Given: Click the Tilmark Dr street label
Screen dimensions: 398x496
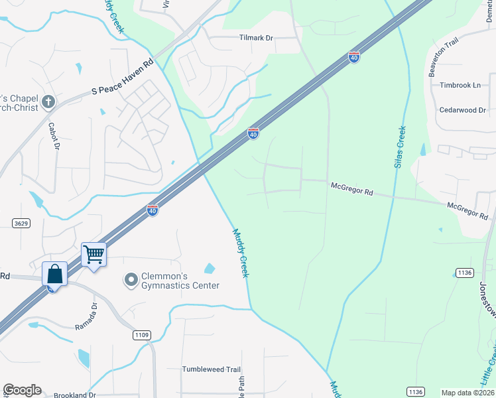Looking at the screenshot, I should [x=256, y=38].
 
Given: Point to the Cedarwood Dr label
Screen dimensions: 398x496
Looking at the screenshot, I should [x=463, y=110].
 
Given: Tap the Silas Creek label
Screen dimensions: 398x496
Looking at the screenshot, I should [x=400, y=147].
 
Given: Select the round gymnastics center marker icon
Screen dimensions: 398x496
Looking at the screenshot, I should [x=130, y=280].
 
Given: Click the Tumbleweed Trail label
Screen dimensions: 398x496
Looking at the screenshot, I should [x=212, y=369].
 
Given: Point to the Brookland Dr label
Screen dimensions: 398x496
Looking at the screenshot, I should [x=74, y=395].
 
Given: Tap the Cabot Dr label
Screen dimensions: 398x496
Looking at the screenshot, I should [x=54, y=135].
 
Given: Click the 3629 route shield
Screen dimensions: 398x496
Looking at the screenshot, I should [x=21, y=224].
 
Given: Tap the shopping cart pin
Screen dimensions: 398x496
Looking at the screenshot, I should [x=93, y=255].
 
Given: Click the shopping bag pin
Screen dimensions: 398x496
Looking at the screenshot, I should [x=54, y=273].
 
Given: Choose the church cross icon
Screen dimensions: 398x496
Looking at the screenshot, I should [x=48, y=101].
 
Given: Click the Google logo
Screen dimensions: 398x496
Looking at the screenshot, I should [x=22, y=390].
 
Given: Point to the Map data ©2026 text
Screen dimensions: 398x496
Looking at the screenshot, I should [x=467, y=393].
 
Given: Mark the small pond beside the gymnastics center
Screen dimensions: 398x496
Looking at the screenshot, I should [x=210, y=269].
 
